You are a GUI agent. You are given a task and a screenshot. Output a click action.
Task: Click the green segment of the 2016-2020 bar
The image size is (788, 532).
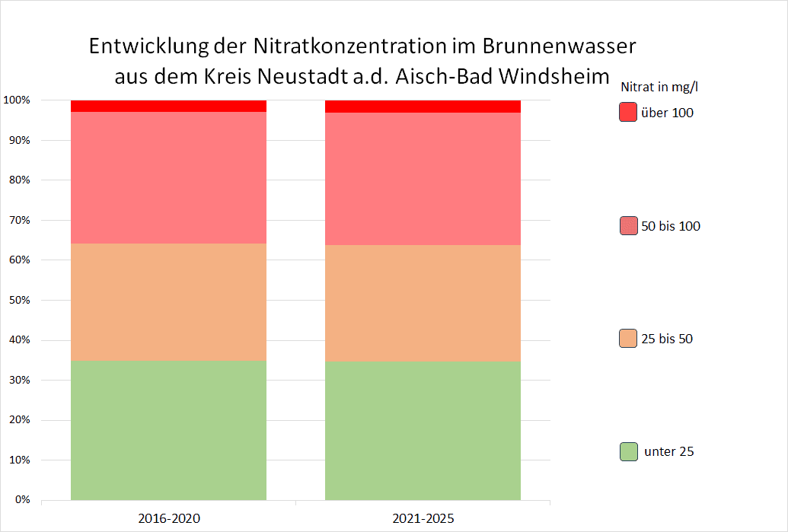tap(168, 430)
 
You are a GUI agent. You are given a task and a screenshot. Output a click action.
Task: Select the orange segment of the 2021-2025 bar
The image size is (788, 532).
tap(423, 303)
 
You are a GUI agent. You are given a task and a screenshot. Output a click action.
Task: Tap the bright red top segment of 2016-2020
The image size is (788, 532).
tap(168, 106)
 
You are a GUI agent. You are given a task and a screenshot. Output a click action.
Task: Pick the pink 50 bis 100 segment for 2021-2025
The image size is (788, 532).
tap(423, 179)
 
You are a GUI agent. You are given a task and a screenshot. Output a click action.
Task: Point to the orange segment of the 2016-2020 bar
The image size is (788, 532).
tap(168, 301)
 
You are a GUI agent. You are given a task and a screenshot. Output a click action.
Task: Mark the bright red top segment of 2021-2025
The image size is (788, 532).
tap(423, 106)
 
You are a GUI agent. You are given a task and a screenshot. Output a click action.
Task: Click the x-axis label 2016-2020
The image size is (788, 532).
tap(169, 518)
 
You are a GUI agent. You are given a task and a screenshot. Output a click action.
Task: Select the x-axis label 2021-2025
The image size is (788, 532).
tap(423, 518)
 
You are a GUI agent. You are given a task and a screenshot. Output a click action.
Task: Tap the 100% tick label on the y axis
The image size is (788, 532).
tap(16, 100)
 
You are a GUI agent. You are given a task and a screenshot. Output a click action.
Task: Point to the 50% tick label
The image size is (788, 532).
tap(18, 300)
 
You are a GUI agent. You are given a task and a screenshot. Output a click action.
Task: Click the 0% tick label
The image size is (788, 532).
tap(21, 500)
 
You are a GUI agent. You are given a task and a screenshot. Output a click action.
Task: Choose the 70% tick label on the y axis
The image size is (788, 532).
tap(18, 220)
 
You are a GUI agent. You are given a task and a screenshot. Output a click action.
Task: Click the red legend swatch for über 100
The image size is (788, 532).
tap(627, 113)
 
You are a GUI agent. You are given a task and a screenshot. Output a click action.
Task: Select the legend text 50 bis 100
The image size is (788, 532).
tap(671, 226)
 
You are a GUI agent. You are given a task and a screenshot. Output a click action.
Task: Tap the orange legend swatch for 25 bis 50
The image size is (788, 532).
tap(627, 339)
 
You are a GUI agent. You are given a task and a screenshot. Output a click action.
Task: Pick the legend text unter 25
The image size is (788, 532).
tap(668, 451)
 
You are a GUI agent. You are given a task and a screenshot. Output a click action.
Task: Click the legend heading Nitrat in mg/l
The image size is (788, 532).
tap(659, 86)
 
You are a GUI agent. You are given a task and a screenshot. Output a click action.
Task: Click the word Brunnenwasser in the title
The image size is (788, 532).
tap(559, 46)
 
